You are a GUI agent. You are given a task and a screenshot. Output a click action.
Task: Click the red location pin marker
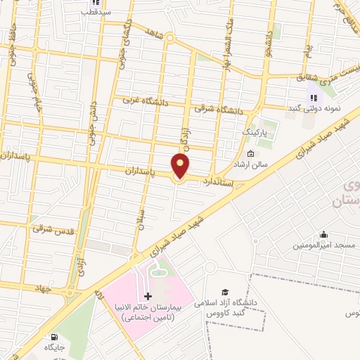point(181,166)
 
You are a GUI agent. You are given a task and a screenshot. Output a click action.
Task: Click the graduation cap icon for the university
point(225,292)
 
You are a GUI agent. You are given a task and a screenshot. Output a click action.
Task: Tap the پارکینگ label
point(255,131)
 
